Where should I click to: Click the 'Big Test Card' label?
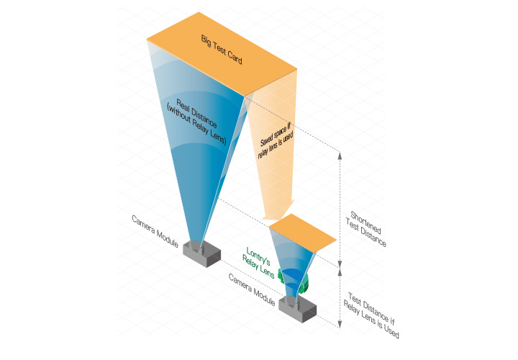coord(222,50)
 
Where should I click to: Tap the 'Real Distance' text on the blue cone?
coord(197,113)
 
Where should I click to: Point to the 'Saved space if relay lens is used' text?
coord(276,140)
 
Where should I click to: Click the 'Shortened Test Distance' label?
coord(366,229)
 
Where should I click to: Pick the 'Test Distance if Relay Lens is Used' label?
coord(371,315)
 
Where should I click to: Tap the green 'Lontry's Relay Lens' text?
coord(258,263)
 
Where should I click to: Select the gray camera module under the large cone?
coord(202,253)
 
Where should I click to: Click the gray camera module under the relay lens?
coord(297,309)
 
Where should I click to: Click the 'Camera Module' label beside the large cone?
coord(155,231)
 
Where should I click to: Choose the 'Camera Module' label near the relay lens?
coord(252,290)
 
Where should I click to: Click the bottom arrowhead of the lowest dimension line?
coord(340,325)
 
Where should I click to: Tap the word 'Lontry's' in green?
coord(258,257)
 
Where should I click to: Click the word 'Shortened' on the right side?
coord(365,222)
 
